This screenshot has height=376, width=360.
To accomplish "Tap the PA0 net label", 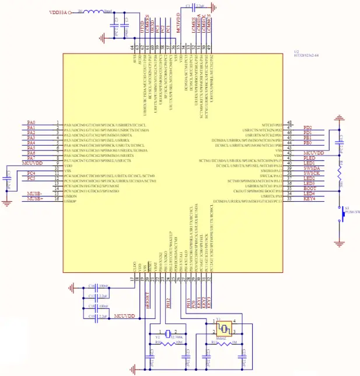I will [32, 122].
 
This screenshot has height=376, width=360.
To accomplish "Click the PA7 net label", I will [32, 158].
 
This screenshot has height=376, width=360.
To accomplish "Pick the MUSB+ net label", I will [35, 199].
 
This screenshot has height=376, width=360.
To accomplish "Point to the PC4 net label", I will [32, 173].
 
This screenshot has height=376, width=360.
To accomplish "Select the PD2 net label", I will [307, 128].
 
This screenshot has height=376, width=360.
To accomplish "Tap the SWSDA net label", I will [312, 168].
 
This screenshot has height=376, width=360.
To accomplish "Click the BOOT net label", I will [309, 188].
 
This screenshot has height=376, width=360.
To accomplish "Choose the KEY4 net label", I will [309, 199].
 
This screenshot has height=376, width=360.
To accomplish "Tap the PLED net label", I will [309, 158].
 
